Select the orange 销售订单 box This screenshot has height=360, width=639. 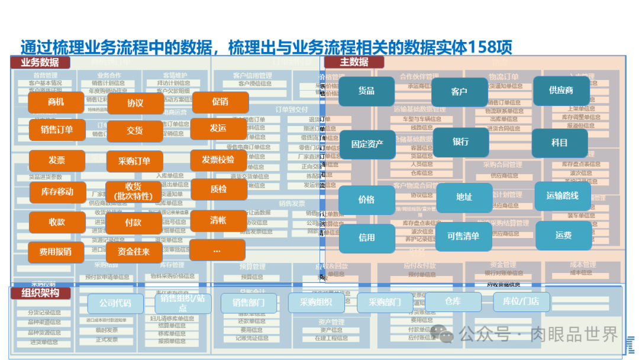click(57, 130)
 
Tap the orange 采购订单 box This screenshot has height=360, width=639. click(134, 161)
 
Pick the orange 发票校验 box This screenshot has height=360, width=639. click(218, 160)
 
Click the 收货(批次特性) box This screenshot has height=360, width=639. click(133, 192)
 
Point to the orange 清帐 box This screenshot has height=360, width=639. click(218, 221)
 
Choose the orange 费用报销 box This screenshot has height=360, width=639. click(56, 252)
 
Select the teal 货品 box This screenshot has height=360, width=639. click(366, 91)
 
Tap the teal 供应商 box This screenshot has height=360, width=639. click(561, 91)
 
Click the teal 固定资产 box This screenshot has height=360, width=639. click(367, 144)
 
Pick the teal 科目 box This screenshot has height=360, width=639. click(559, 143)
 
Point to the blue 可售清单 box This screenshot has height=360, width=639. click(463, 236)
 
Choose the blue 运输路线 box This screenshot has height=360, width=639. click(562, 196)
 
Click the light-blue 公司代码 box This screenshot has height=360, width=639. click(115, 303)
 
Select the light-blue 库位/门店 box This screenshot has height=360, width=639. click(521, 301)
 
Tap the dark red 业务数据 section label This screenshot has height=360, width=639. click(40, 62)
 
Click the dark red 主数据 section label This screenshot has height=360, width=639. click(354, 62)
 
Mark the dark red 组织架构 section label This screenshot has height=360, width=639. click(40, 293)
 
